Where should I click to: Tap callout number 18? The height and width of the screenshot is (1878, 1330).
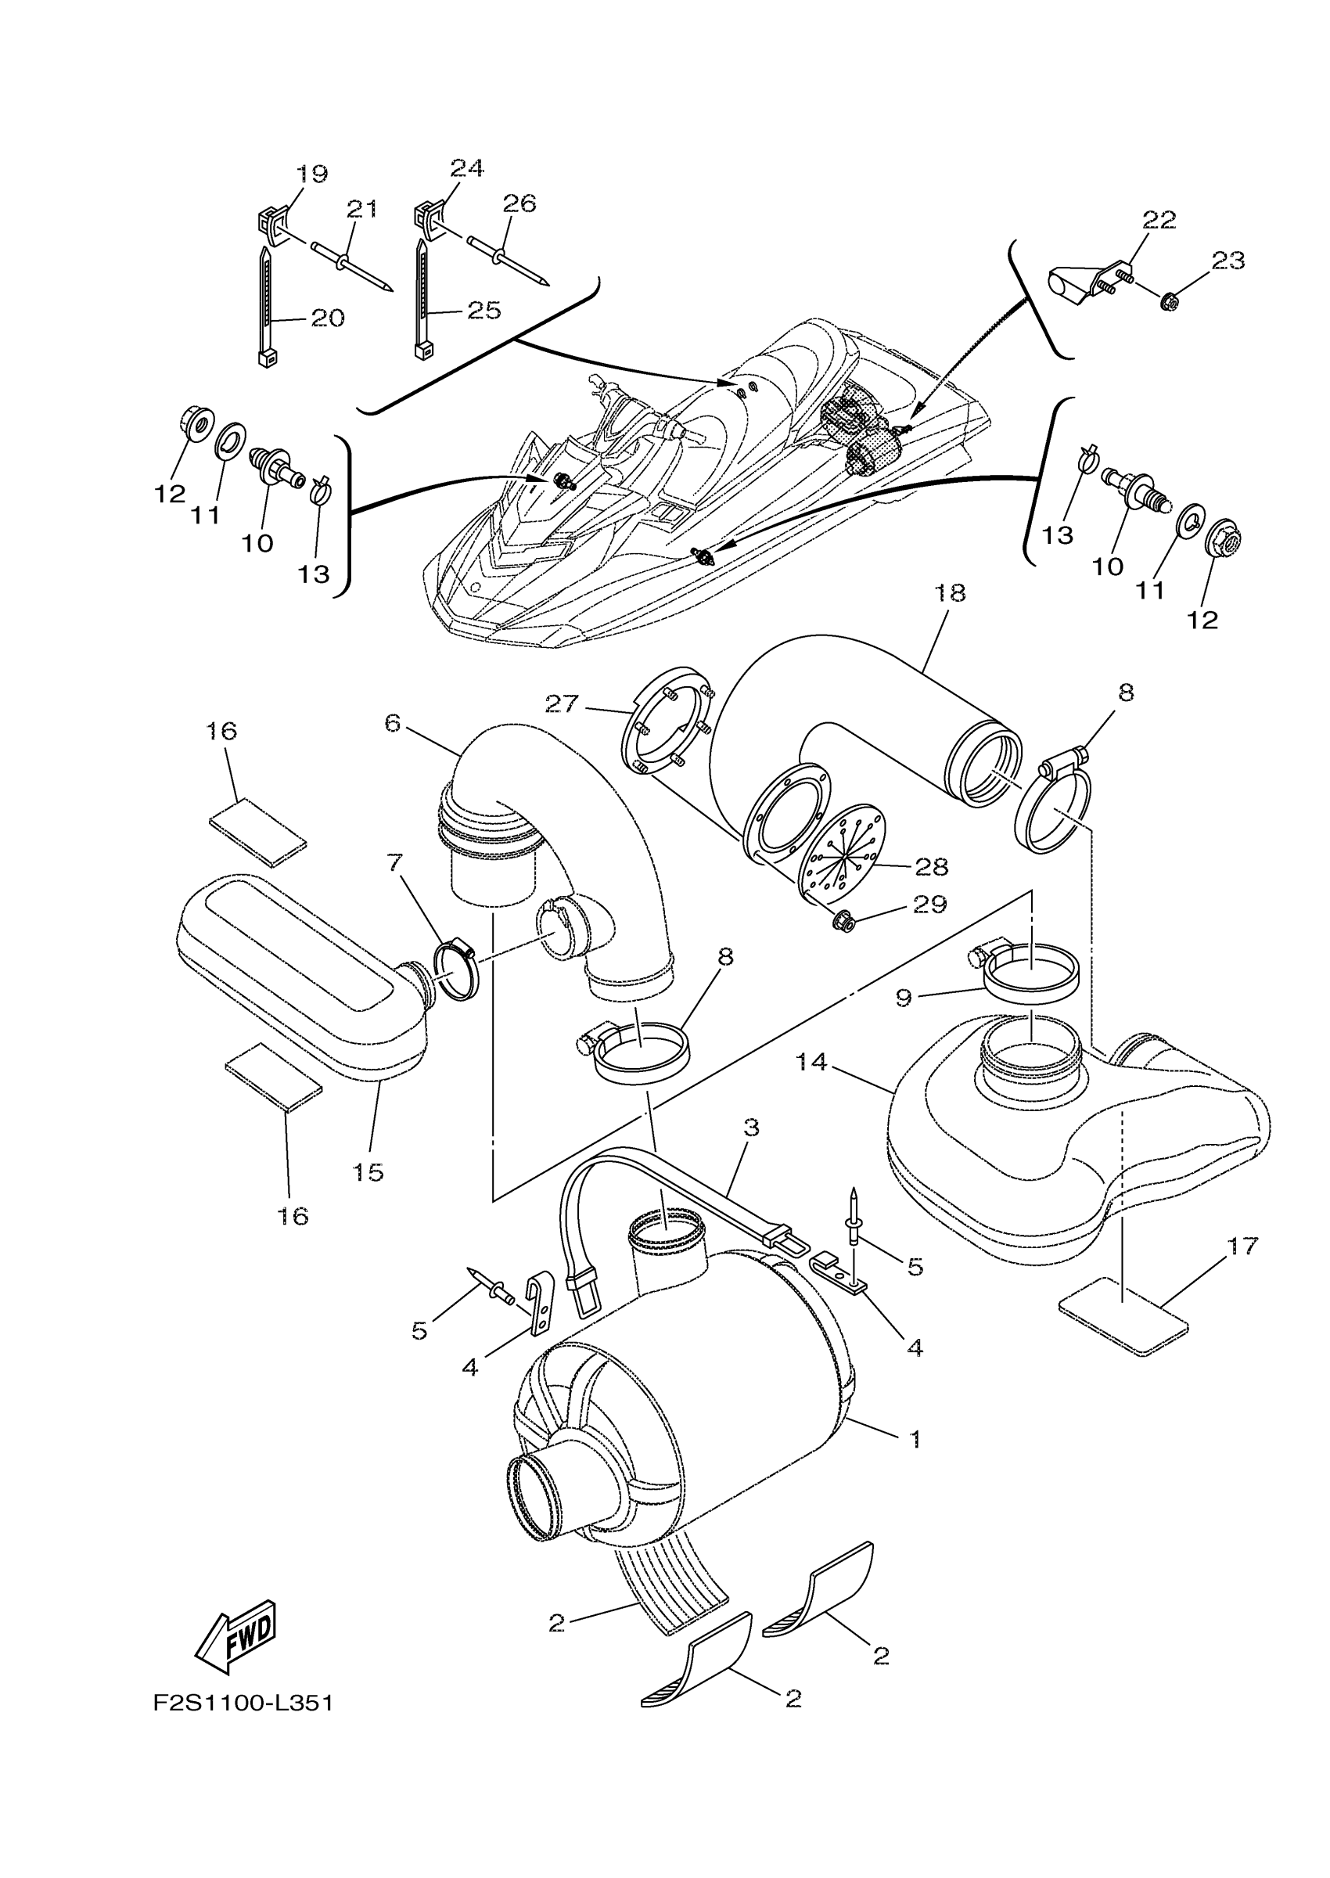(x=950, y=593)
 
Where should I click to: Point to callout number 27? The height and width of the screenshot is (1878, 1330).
(x=562, y=703)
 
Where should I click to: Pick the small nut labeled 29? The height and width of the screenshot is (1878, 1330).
(x=842, y=923)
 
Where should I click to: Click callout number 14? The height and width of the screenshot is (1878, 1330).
(x=811, y=1063)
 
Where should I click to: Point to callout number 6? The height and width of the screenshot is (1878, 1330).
(x=393, y=723)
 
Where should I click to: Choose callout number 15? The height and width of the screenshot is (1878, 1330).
(x=368, y=1172)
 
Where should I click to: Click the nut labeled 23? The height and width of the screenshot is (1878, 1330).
(x=1170, y=302)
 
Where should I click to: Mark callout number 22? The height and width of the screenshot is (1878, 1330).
(x=1159, y=220)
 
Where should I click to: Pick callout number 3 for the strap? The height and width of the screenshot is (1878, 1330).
(x=751, y=1128)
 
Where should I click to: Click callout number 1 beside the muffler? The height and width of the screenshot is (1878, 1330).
(x=915, y=1438)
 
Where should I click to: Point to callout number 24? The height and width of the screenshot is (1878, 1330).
(x=467, y=168)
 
